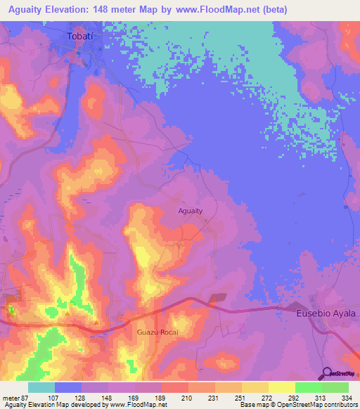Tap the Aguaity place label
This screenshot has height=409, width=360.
[191, 210]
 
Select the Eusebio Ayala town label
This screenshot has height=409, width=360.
[326, 313]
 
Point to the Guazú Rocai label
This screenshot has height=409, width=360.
[158, 331]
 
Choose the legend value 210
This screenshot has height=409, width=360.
[187, 397]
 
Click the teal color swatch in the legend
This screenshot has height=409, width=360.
[41, 387]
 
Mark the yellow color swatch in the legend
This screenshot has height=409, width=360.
[281, 387]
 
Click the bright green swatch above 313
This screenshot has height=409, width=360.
[308, 387]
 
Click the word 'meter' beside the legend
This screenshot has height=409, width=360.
[11, 397]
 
